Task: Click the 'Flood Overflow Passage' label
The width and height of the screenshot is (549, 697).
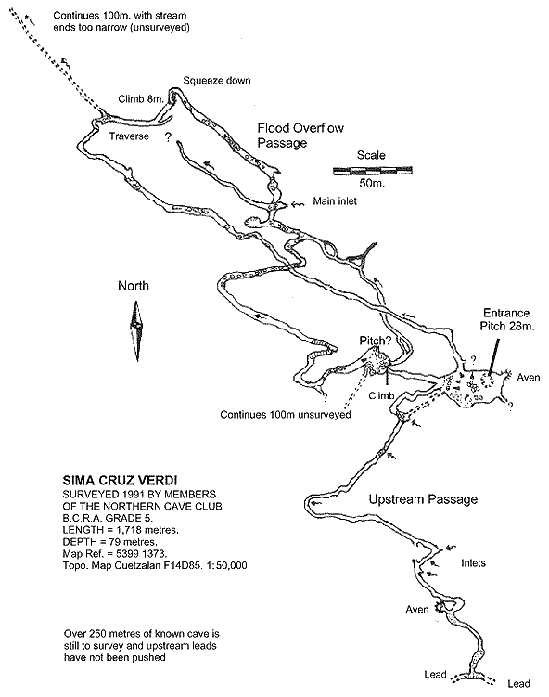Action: pos(300,136)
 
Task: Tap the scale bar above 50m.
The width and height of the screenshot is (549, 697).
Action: pos(373,170)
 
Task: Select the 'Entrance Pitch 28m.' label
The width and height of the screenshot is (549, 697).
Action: pos(506,319)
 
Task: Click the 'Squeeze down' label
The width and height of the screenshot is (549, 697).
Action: pos(217,81)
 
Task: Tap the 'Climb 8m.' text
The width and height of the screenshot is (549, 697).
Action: pos(141,99)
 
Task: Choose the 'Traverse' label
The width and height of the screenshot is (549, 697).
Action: pos(129,136)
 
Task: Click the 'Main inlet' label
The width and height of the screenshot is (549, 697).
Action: pos(335,201)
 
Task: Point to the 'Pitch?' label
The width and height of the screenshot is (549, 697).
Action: pos(376,341)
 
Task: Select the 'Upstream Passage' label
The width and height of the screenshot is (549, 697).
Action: pos(423,499)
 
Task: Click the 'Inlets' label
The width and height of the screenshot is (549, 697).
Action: pos(474,563)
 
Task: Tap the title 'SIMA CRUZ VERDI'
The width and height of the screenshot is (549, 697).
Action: pos(120,481)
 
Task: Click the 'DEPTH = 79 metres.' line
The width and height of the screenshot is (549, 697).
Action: pos(110,542)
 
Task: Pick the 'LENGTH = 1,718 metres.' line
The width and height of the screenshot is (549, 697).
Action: pos(121,530)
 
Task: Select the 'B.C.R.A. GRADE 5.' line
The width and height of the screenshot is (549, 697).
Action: pos(108,518)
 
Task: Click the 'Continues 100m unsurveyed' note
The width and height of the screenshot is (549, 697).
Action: pos(286,415)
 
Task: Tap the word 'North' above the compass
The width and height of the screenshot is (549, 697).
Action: pos(134,285)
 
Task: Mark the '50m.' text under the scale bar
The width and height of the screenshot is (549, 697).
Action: pos(372,183)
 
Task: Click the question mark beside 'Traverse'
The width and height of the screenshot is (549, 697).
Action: pos(168,137)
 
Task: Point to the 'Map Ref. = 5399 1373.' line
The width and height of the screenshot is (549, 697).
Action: pos(115,554)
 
